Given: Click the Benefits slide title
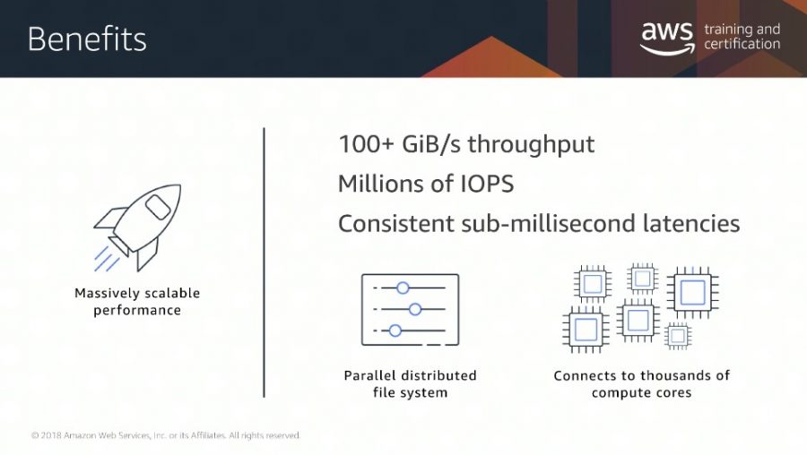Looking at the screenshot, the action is (87, 39).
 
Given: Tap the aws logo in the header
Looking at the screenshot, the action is (667, 38).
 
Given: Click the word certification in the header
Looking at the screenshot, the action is (742, 44).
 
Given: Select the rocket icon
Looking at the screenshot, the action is (137, 227).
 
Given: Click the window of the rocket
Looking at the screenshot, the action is (158, 207).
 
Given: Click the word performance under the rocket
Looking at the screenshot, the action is (137, 311).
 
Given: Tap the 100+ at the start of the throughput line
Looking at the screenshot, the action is (366, 144).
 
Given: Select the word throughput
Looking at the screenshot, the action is (531, 145).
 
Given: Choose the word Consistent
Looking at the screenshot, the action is (395, 224).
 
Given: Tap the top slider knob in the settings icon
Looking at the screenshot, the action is (403, 288).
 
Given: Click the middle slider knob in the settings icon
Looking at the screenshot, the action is (415, 309).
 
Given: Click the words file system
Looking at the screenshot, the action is (410, 393).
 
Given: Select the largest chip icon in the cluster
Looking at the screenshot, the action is (693, 293).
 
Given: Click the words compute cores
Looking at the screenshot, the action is (641, 393).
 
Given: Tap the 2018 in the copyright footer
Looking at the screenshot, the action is (51, 435).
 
